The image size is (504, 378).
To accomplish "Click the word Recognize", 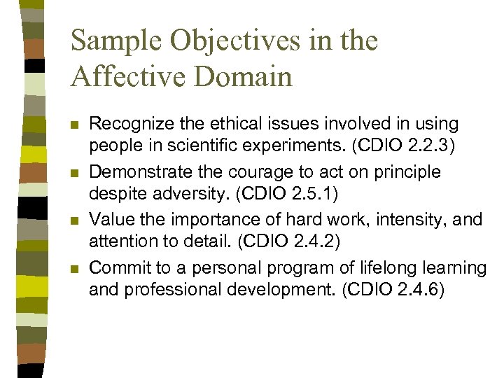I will (x=126, y=125).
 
